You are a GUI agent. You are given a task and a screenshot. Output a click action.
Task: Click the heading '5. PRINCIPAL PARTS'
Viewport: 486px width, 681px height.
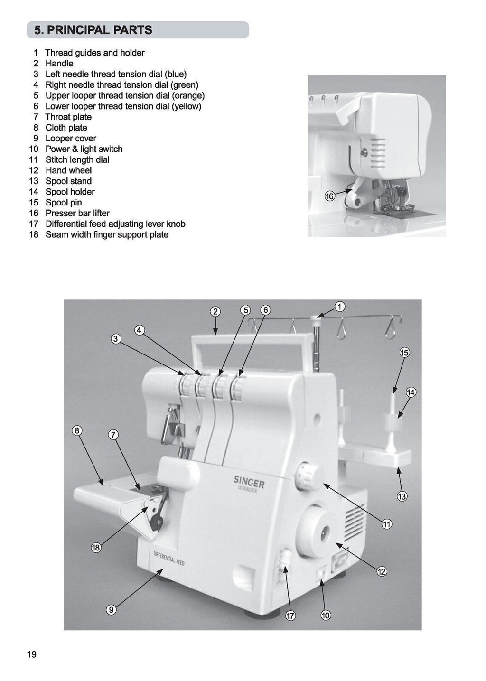pyautogui.click(x=93, y=30)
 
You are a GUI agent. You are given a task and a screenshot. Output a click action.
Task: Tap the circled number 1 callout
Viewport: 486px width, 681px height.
pyautogui.click(x=340, y=307)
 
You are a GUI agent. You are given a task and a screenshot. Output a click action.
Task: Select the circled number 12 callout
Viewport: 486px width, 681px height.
pyautogui.click(x=382, y=571)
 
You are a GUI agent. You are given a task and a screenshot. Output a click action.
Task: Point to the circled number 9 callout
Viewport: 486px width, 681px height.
pyautogui.click(x=111, y=610)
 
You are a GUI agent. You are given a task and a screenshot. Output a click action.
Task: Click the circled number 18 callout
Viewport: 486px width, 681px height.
pyautogui.click(x=96, y=548)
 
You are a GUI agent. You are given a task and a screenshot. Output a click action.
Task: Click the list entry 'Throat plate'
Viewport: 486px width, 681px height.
pyautogui.click(x=68, y=117)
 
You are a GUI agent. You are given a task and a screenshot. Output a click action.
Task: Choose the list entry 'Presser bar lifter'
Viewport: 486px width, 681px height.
pyautogui.click(x=77, y=213)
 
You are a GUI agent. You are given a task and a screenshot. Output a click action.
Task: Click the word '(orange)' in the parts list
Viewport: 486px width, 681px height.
pyautogui.click(x=188, y=95)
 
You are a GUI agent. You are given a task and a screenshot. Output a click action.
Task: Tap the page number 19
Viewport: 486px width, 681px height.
pyautogui.click(x=32, y=655)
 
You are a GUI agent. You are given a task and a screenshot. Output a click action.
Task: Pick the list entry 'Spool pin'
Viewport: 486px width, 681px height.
pyautogui.click(x=64, y=203)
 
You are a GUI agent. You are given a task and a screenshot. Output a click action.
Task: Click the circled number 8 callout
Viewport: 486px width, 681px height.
pyautogui.click(x=77, y=430)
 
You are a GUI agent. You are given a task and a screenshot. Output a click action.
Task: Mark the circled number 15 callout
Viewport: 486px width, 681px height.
pyautogui.click(x=404, y=353)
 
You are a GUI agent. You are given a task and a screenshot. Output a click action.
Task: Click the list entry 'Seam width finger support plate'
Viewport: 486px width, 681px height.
pyautogui.click(x=107, y=234)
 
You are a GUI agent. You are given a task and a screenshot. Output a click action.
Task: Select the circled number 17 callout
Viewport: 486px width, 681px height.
pyautogui.click(x=290, y=616)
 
